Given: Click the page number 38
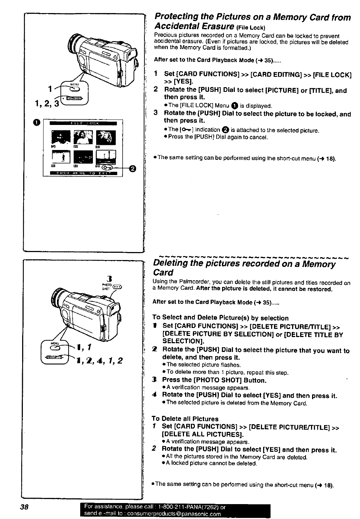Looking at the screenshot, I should point(24,507).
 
